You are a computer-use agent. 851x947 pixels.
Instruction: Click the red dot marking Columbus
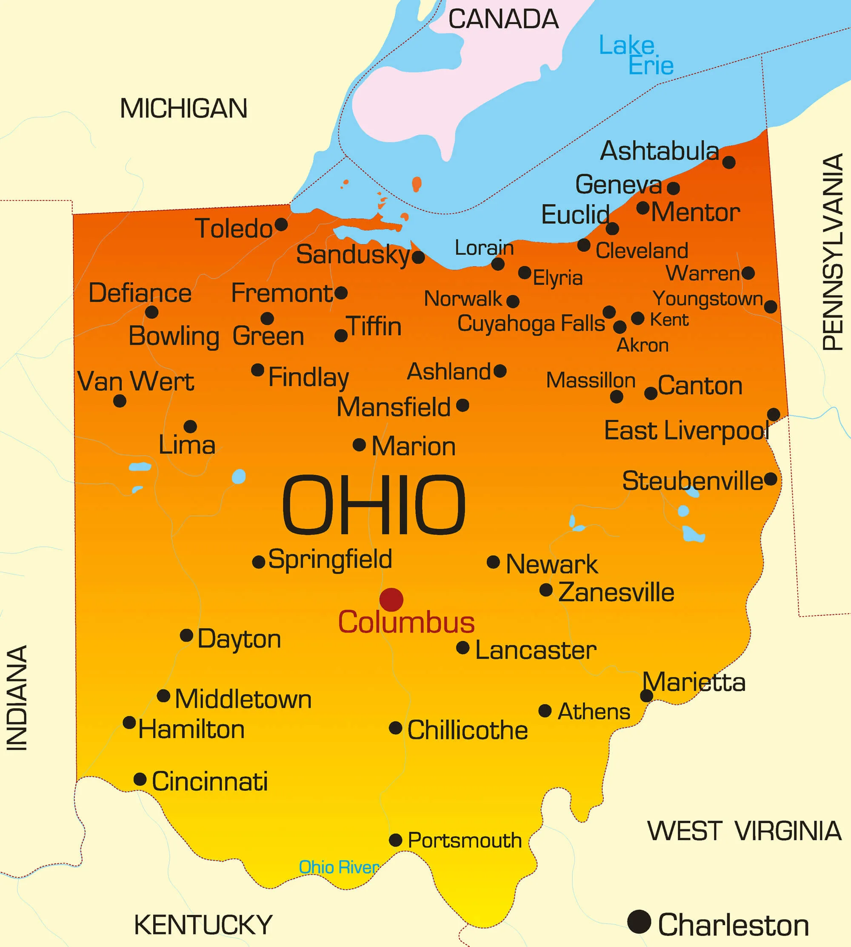click(391, 600)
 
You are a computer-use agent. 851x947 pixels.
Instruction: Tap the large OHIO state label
click(374, 505)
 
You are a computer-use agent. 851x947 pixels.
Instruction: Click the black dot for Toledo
click(281, 225)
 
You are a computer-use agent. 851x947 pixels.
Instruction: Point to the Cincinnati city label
click(209, 782)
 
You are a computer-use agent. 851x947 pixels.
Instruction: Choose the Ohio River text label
click(339, 867)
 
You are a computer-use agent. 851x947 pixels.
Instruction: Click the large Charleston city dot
click(639, 922)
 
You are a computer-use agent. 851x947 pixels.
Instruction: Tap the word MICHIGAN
click(183, 108)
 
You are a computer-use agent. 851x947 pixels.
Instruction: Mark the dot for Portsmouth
click(396, 840)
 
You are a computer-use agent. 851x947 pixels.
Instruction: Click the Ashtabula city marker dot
click(728, 162)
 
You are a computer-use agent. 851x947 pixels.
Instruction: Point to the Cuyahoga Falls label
click(531, 323)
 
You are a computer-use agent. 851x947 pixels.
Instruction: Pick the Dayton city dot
click(186, 635)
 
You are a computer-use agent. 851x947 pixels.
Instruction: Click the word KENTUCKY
click(203, 924)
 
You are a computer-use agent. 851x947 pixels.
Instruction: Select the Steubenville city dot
click(771, 479)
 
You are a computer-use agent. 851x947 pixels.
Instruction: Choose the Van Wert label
click(136, 382)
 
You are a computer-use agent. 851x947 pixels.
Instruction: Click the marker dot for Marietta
click(646, 696)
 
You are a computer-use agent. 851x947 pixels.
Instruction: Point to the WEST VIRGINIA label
click(744, 831)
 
